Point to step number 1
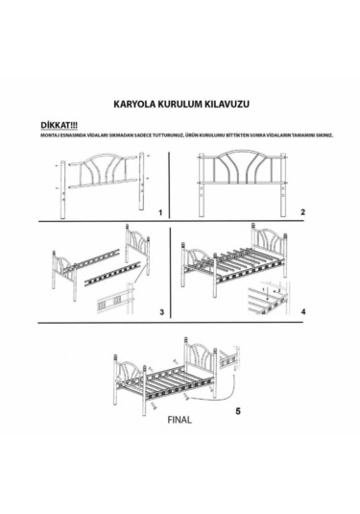[161, 209]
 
